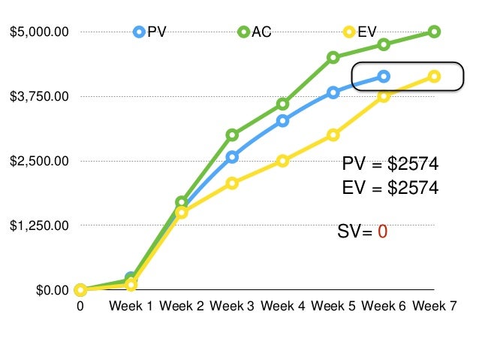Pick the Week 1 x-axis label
tap(131, 306)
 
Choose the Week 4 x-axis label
tap(283, 306)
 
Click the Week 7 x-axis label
tap(434, 306)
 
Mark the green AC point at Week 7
tap(434, 32)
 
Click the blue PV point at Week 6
tap(384, 76)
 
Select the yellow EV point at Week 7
tap(434, 76)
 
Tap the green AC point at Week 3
tap(232, 135)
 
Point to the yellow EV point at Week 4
tap(282, 161)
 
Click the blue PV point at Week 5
tap(333, 92)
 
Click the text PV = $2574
tap(390, 165)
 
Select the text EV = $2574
tap(390, 188)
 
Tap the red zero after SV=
tap(382, 231)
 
